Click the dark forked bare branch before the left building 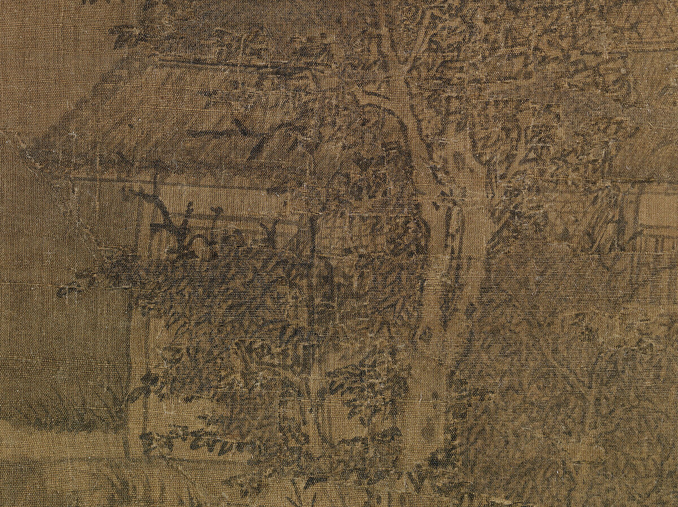tap(164, 215)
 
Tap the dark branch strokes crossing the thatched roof tap(249, 136)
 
